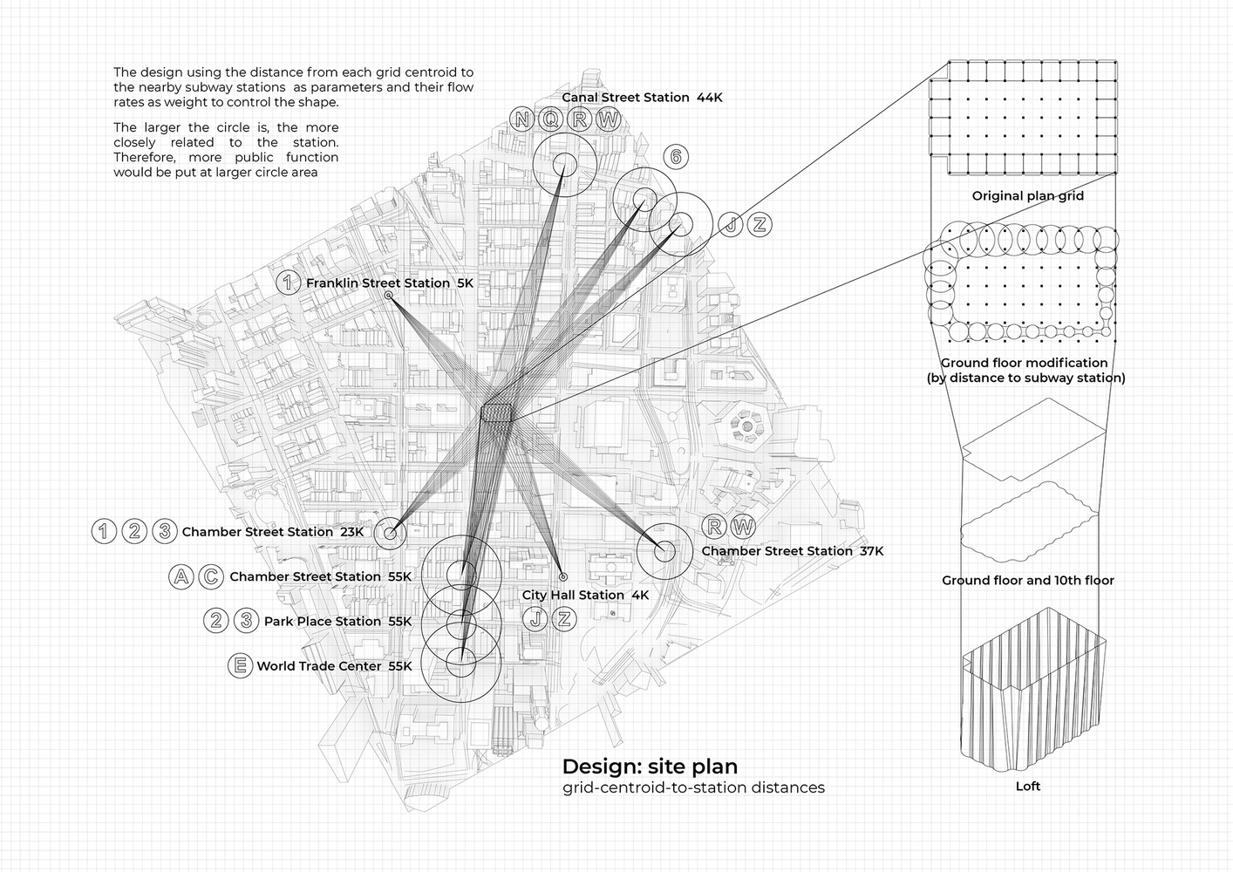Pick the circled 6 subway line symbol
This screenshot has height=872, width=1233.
tap(676, 157)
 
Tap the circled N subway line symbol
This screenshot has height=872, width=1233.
tap(521, 119)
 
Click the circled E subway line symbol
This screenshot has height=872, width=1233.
tap(241, 665)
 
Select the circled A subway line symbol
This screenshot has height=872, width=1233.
tap(181, 577)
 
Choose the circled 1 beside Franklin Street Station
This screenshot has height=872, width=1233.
tap(288, 283)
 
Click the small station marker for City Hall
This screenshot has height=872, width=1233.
tap(563, 577)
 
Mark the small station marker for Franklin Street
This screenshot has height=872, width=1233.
tap(389, 296)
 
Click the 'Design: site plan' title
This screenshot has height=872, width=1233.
tap(651, 766)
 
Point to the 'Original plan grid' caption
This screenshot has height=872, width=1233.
tap(1028, 196)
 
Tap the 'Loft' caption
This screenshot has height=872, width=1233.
tap(1028, 787)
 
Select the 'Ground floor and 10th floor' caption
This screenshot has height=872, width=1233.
tap(1028, 580)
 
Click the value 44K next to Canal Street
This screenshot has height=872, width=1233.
tap(710, 98)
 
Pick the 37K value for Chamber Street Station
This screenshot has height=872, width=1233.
tap(871, 551)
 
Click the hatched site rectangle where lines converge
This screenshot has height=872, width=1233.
tap(496, 412)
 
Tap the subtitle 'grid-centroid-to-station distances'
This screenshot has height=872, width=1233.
tap(693, 787)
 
